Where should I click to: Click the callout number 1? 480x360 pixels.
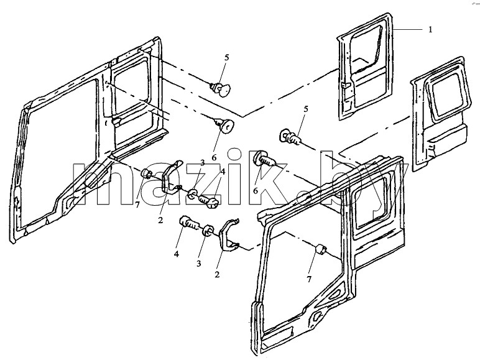(x=430, y=30)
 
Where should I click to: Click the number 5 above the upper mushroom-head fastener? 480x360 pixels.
(x=226, y=58)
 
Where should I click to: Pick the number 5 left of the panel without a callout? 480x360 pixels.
(x=305, y=109)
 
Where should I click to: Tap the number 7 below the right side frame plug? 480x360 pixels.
(x=309, y=279)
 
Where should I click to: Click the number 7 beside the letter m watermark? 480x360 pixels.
(x=137, y=205)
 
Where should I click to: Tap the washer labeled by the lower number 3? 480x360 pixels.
(x=208, y=231)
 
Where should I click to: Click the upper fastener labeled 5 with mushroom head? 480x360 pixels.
(x=222, y=89)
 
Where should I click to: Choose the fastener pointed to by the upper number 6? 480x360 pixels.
(x=225, y=126)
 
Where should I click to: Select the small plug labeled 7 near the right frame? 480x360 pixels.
(x=320, y=249)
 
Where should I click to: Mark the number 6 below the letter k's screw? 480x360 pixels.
(x=256, y=190)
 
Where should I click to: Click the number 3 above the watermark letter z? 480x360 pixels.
(x=202, y=163)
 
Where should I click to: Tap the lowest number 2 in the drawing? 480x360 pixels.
(x=217, y=275)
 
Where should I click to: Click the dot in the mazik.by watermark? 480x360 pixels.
(x=305, y=198)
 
